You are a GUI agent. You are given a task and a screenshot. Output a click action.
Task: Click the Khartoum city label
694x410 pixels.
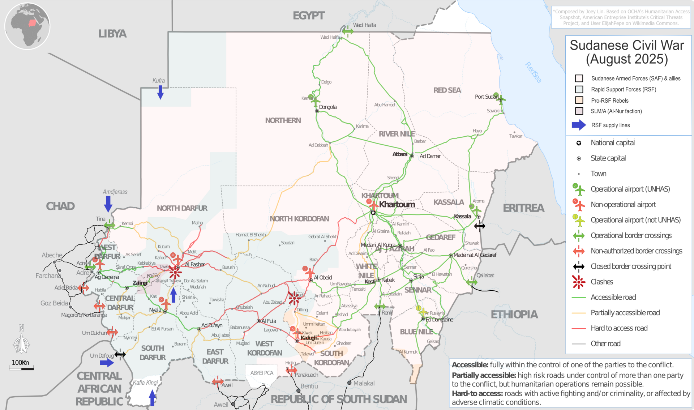point(397,205)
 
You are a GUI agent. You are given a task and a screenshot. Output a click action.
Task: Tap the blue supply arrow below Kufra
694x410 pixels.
point(160,92)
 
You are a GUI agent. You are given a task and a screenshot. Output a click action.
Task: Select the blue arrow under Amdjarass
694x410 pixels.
point(108,204)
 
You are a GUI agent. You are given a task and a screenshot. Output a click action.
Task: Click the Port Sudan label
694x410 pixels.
point(486,97)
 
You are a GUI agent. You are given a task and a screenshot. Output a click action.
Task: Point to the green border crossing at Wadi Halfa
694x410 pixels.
point(348,31)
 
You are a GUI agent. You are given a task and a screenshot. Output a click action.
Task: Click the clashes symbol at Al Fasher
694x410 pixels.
point(175,272)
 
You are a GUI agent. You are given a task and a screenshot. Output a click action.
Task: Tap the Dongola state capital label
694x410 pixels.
point(327,107)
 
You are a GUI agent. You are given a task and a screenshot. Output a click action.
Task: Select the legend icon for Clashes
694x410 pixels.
point(579,282)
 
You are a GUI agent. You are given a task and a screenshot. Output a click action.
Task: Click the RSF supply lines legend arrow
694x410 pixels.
point(579,125)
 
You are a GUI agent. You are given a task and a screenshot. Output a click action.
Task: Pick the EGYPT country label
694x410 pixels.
point(309,16)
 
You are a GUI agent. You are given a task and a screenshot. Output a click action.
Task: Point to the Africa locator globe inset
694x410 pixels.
point(27,26)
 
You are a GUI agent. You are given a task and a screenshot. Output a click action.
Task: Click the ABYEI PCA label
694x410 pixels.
point(262,373)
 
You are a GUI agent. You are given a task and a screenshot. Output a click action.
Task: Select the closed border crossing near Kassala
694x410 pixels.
point(480,226)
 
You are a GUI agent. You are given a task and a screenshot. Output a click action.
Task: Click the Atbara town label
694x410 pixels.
point(400,154)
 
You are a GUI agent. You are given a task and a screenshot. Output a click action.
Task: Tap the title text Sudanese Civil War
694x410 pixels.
point(627,46)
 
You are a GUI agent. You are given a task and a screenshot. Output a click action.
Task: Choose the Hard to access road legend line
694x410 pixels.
point(579,328)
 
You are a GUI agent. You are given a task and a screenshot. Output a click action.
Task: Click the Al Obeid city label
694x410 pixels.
point(323,278)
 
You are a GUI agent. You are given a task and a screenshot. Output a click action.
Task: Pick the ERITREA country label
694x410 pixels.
point(523,208)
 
